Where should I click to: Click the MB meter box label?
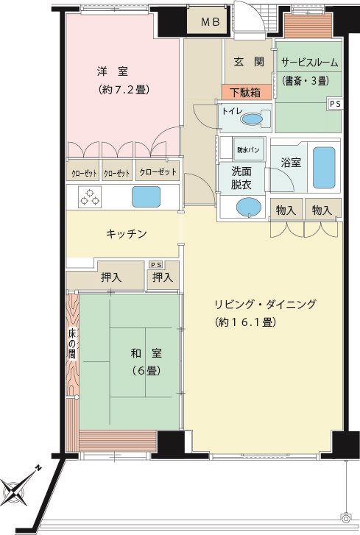pyautogui.click(x=211, y=22)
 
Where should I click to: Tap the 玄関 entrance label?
pyautogui.click(x=249, y=62)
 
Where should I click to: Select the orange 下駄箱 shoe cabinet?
pyautogui.click(x=247, y=93)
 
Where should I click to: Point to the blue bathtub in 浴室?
pyautogui.click(x=324, y=168)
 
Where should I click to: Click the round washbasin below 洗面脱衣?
pyautogui.click(x=249, y=207)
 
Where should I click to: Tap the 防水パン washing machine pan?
pyautogui.click(x=248, y=149)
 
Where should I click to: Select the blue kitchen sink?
pyautogui.click(x=146, y=196)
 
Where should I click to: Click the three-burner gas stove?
pyautogui.click(x=89, y=197)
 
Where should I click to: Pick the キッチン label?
pyautogui.click(x=126, y=234)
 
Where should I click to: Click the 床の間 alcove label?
pyautogui.click(x=71, y=343)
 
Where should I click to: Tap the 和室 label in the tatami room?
pyautogui.click(x=147, y=353)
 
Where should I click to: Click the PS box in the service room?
pyautogui.click(x=335, y=104)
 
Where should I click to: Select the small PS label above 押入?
pyautogui.click(x=157, y=265)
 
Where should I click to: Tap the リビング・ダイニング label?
pyautogui.click(x=265, y=304)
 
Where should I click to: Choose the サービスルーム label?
pyautogui.click(x=310, y=63)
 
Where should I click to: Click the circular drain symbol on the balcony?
pyautogui.click(x=346, y=518)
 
